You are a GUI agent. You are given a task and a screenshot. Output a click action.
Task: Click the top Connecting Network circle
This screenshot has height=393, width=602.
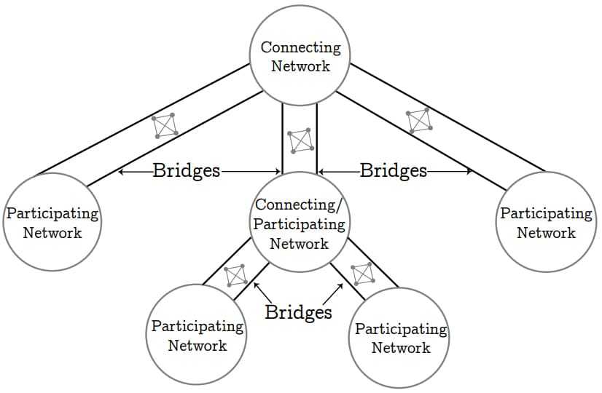pyautogui.click(x=300, y=57)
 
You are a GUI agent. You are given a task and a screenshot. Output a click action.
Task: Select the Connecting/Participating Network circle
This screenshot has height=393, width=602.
pyautogui.click(x=300, y=222)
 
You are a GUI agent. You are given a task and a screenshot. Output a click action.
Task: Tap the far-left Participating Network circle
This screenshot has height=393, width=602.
pyautogui.click(x=52, y=222)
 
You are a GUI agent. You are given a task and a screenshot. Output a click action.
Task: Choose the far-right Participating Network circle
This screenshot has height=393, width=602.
pyautogui.click(x=546, y=222)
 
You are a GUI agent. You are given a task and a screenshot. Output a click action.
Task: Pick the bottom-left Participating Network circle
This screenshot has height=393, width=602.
pyautogui.click(x=198, y=335)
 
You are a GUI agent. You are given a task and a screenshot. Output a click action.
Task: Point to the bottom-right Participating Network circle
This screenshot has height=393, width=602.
pyautogui.click(x=401, y=336)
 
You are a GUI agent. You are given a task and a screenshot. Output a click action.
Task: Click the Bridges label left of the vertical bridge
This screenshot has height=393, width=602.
pyautogui.click(x=187, y=171)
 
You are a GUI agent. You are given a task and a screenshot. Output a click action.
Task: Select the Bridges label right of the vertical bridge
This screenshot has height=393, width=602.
pyautogui.click(x=394, y=171)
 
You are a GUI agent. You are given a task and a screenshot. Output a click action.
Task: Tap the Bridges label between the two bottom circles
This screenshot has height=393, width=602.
pyautogui.click(x=298, y=312)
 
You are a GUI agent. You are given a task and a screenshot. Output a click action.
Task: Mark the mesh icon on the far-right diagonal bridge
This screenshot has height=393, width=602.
pyautogui.click(x=419, y=120)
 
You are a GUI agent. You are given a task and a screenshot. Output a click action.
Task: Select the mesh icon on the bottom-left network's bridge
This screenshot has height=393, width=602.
pyautogui.click(x=235, y=276)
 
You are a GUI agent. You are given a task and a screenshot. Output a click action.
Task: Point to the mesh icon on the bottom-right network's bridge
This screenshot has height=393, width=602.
pyautogui.click(x=362, y=274)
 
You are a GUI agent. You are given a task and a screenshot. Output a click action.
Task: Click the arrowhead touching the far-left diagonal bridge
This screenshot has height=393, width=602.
pyautogui.click(x=121, y=172)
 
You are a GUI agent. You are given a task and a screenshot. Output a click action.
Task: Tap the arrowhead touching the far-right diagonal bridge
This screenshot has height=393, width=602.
pyautogui.click(x=470, y=172)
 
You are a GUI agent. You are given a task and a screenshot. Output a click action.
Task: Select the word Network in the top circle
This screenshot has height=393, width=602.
pyautogui.click(x=300, y=66)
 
